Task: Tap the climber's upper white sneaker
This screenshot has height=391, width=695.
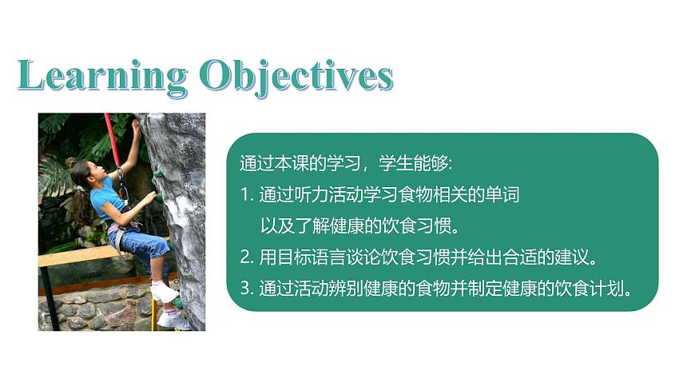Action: (x=165, y=292)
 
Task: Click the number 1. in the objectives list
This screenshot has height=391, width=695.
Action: (x=245, y=195)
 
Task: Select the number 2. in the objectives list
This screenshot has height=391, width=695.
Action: (x=246, y=257)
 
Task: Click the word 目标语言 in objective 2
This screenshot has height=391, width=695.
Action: (x=308, y=257)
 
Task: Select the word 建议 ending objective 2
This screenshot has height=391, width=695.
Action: (x=572, y=257)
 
